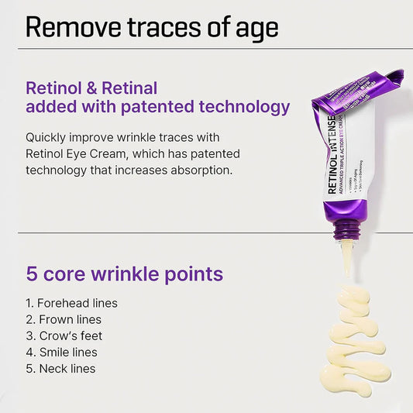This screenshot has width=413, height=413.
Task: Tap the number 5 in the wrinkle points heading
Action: (x=33, y=274)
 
